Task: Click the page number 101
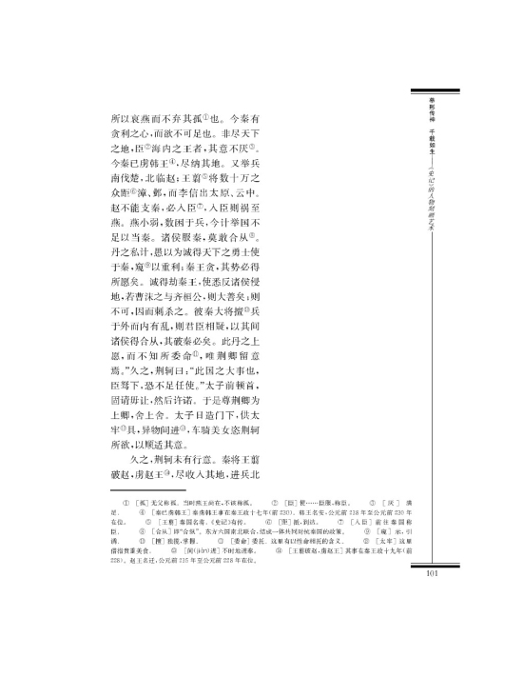pyautogui.click(x=425, y=573)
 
